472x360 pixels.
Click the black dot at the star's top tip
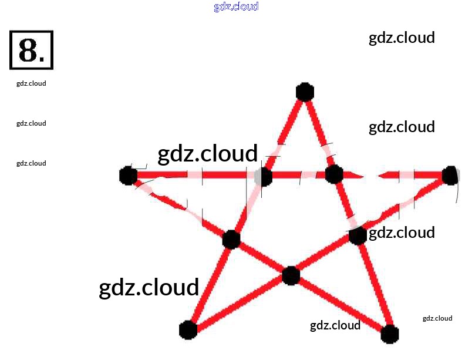click(304, 92)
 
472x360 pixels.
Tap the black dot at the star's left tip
click(128, 175)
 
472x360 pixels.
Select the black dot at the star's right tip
click(450, 175)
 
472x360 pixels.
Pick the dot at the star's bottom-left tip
click(187, 330)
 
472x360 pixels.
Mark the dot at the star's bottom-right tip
click(390, 334)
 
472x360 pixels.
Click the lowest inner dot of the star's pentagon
click(291, 275)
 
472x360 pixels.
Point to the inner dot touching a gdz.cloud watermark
click(358, 235)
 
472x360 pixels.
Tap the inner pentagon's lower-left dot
click(231, 239)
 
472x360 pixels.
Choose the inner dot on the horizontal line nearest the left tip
click(264, 176)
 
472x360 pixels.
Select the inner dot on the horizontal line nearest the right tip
click(333, 174)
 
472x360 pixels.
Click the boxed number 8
click(32, 50)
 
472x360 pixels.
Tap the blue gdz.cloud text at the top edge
click(236, 7)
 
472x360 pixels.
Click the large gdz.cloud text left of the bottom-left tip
click(149, 288)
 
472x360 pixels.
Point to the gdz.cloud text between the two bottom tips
click(335, 325)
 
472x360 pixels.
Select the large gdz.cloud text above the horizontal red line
click(208, 153)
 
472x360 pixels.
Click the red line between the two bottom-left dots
click(210, 284)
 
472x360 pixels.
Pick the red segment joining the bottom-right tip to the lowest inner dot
click(340, 304)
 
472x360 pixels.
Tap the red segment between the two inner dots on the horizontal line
click(298, 175)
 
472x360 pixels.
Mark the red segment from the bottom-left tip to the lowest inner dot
click(240, 302)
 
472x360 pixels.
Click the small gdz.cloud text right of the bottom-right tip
click(437, 318)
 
